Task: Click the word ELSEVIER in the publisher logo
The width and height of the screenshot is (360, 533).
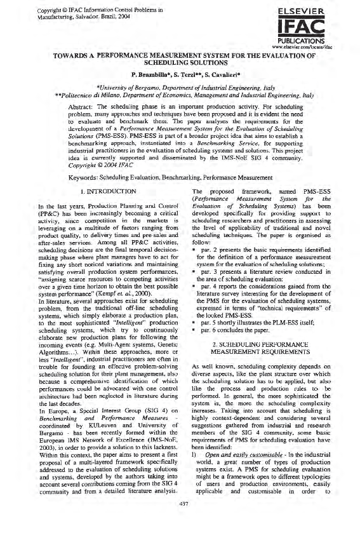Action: [317, 11]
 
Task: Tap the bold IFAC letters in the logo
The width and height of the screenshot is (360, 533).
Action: [317, 27]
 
